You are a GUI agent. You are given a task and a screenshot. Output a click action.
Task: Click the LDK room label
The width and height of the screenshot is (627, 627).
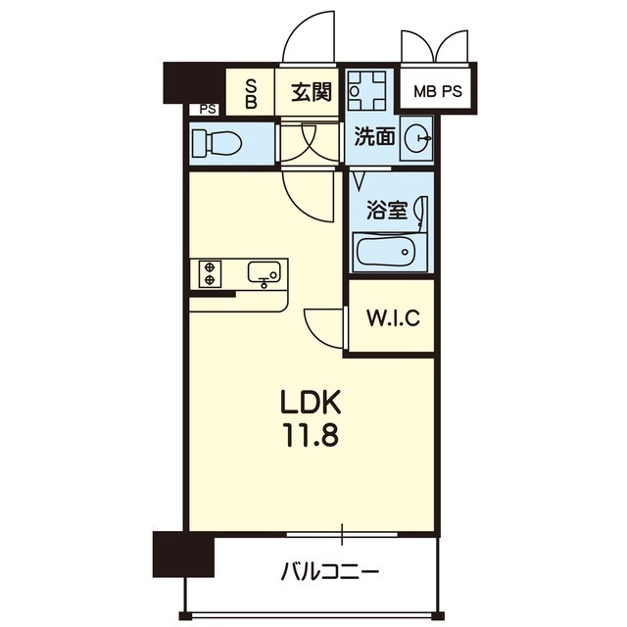tap(312, 402)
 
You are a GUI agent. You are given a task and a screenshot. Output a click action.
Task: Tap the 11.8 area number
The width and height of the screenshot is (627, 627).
tap(312, 435)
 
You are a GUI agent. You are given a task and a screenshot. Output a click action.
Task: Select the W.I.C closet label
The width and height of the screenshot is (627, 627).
tap(393, 318)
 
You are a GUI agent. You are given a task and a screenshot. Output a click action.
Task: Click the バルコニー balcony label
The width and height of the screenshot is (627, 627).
tap(330, 571)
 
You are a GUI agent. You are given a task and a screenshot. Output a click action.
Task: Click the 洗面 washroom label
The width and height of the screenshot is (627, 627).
tap(375, 137)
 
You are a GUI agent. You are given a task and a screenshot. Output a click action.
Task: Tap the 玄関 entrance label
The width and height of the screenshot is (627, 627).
tap(312, 92)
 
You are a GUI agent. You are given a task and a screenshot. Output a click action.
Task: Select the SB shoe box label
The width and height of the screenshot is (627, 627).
tap(251, 94)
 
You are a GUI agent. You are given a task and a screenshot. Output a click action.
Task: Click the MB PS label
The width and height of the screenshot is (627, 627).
tap(438, 91)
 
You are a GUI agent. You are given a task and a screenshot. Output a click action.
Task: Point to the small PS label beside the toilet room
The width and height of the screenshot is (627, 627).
tap(208, 109)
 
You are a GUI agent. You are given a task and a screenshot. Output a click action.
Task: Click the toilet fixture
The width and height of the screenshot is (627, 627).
tap(217, 142)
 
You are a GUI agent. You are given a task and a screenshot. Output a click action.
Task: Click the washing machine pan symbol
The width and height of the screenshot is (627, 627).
tap(366, 91)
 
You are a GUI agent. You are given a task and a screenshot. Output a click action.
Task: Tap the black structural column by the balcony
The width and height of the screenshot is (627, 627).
tap(183, 554)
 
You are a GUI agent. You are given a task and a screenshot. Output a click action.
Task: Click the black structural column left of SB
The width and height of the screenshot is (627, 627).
tap(195, 83)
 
